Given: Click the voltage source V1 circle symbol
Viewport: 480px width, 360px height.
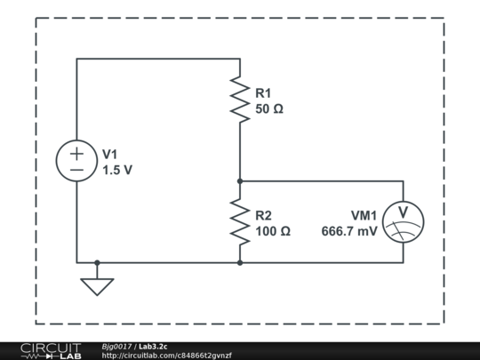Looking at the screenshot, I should (77, 161).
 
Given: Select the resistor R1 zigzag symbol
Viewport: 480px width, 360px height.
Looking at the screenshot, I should (240, 99).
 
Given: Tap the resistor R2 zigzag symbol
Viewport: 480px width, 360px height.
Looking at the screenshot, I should (240, 221).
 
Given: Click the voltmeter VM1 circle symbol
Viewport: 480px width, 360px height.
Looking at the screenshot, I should (403, 221).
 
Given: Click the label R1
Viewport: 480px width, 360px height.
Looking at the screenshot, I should (263, 92).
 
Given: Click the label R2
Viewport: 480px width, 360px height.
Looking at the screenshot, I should (263, 215).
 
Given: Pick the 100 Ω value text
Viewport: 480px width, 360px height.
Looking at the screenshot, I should (272, 231).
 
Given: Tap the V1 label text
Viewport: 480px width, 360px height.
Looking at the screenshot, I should (110, 154).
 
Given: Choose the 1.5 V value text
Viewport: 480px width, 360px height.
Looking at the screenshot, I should (117, 170).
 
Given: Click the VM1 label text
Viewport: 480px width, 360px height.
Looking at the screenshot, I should (364, 215).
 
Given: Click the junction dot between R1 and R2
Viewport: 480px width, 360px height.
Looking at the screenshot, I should (240, 180).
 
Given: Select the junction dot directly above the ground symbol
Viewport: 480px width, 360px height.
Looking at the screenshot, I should (97, 262).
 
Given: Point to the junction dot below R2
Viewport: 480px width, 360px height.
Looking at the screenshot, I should (240, 262).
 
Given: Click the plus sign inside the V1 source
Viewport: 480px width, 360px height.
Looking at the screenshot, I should (77, 152).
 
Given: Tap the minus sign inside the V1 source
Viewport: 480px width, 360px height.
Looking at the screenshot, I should (77, 170).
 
